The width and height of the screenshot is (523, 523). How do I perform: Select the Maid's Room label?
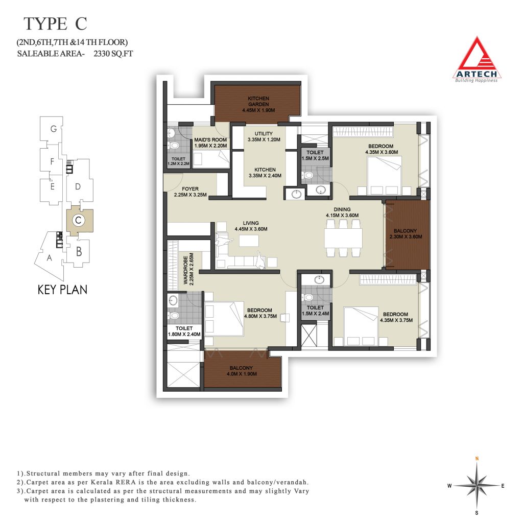coord(210,140)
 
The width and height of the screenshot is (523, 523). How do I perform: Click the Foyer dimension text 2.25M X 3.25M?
coord(190,195)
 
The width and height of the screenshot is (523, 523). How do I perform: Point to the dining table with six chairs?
coord(344,238)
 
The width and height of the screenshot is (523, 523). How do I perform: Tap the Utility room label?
coord(264,133)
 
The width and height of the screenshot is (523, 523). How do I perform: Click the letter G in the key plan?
coord(53,129)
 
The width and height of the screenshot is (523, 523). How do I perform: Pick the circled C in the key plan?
coord(78,220)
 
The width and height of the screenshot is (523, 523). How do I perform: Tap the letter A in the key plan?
coord(50,257)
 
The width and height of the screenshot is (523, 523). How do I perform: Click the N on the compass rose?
coord(477,459)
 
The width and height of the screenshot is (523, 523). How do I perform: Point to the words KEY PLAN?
coord(62,290)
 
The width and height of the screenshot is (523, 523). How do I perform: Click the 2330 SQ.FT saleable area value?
coord(113,54)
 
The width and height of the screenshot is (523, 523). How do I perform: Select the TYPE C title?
coord(55,23)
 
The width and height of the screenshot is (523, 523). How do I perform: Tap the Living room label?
coord(251,223)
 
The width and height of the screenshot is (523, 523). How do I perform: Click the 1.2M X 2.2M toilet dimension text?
coord(178,164)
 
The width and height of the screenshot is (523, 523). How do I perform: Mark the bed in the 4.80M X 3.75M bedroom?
coord(224,319)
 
